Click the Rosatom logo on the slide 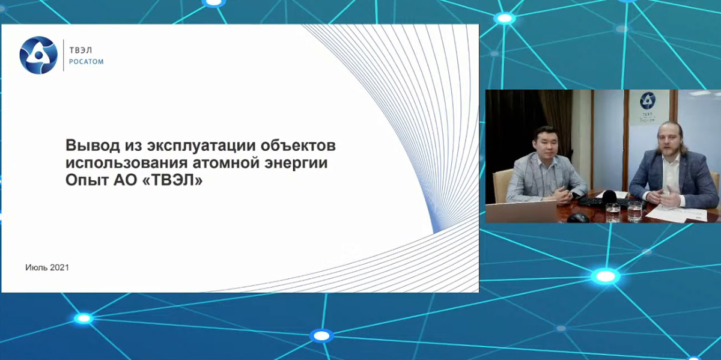click(x=38, y=55)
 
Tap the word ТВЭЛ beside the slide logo click(x=81, y=50)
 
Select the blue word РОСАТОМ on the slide click(x=87, y=61)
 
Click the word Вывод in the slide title click(x=93, y=145)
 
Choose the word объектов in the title click(x=299, y=145)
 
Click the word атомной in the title click(x=226, y=163)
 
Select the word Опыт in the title click(x=87, y=180)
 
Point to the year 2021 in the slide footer click(x=59, y=267)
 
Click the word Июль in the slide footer click(x=37, y=267)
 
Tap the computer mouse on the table click(x=578, y=218)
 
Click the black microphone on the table click(x=609, y=197)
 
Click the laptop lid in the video click(x=521, y=212)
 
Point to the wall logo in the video click(x=647, y=107)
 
